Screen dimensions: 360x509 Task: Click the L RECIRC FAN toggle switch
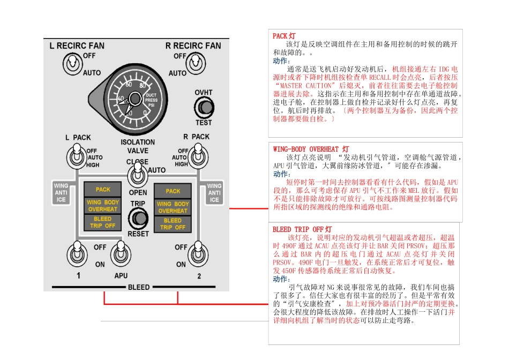tap(71, 64)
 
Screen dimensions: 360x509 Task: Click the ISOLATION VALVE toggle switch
tap(137, 176)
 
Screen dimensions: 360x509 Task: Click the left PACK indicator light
tap(103, 190)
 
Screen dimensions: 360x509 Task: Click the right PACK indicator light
tap(173, 191)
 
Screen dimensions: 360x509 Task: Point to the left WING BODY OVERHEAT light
tap(103, 206)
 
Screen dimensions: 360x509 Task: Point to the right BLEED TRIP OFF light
tap(173, 224)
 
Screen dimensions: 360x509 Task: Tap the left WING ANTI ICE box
tap(61, 193)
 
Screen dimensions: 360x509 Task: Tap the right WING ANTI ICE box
tap(214, 193)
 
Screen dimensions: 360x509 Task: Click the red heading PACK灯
tap(284, 36)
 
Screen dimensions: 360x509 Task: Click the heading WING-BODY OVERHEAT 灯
tap(311, 149)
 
